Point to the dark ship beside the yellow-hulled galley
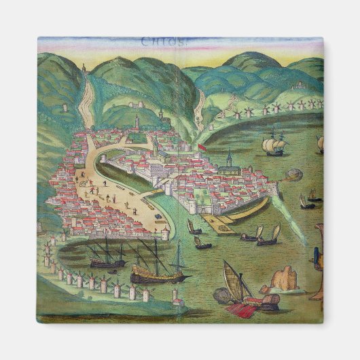[x=106, y=257]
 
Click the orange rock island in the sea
[x=285, y=278]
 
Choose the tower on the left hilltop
[x=84, y=69]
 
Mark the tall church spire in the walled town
[x=230, y=160]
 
